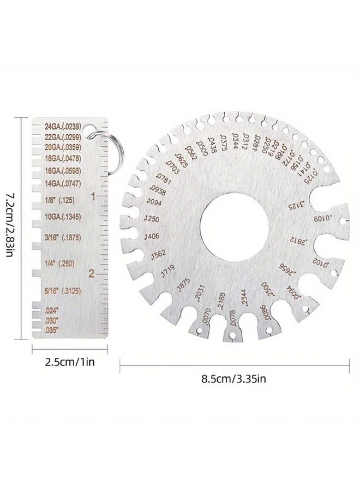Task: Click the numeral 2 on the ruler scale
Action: click(x=94, y=273)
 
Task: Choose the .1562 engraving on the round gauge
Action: click(x=158, y=255)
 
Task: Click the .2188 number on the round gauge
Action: click(x=221, y=302)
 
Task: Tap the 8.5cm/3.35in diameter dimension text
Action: click(x=235, y=376)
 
